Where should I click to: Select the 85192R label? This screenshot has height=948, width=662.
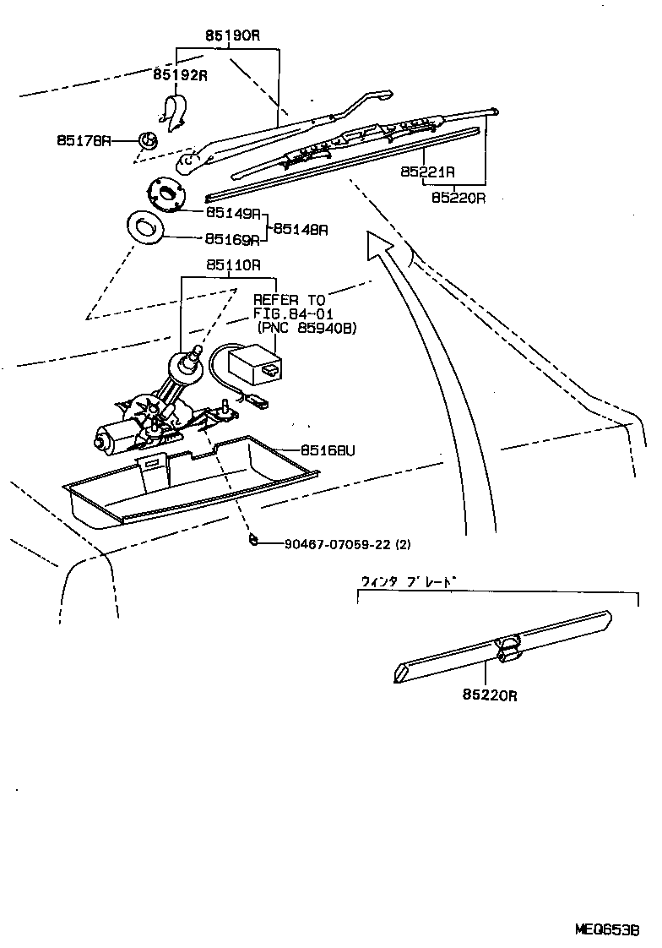180,75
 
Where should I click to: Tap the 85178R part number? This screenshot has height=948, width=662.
84,140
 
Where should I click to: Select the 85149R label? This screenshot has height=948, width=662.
231,214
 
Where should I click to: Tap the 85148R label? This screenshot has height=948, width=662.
301,228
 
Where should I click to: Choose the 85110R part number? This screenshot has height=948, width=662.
232,264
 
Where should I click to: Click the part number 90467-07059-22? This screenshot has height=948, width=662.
338,544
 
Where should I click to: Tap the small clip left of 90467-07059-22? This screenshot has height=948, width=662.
252,541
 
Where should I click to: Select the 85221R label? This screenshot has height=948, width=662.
428,172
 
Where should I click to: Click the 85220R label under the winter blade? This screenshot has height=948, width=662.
489,695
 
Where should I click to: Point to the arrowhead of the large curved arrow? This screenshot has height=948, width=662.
377,242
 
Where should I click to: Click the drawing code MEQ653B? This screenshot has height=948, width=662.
607,929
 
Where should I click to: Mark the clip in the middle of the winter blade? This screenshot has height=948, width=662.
508,647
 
